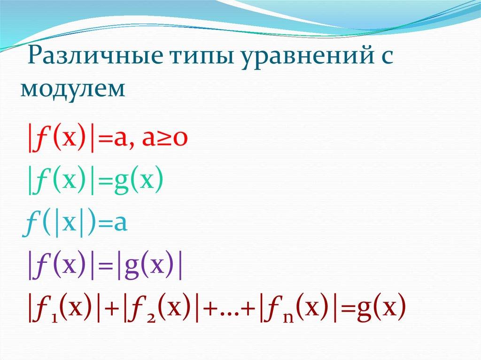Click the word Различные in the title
[94, 56]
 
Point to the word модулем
[73, 89]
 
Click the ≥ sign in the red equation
[165, 139]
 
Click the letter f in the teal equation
[31, 224]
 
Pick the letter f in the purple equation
[42, 266]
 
